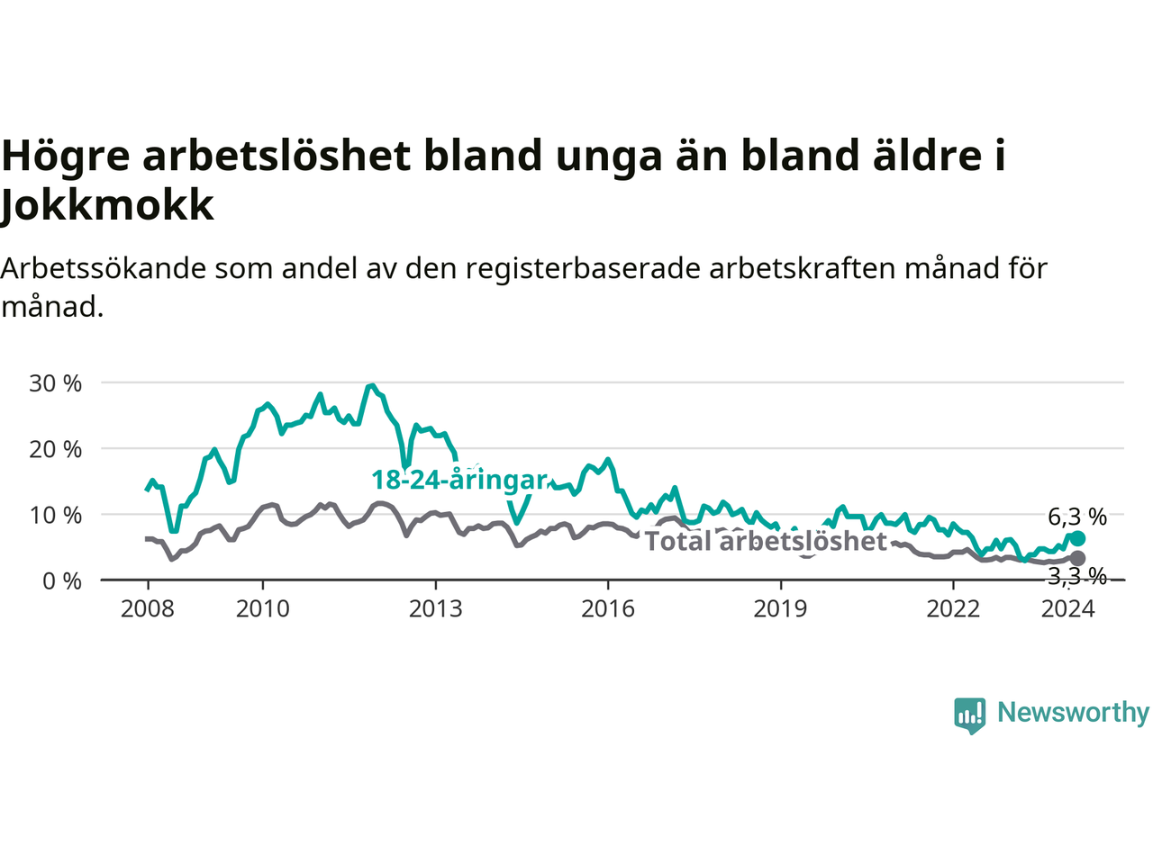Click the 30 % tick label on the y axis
55,383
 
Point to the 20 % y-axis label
55,450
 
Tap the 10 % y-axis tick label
55,515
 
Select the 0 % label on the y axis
62,581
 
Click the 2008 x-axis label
147,609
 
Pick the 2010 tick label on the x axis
263,609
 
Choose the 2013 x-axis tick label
435,609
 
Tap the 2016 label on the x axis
608,609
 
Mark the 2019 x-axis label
781,609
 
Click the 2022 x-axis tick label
953,609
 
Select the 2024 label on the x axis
1068,609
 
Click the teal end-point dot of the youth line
1077,538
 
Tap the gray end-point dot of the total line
1077,558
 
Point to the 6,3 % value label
1077,517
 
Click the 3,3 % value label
1077,577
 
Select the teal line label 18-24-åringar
459,480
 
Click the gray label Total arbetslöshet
766,541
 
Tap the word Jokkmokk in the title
107,204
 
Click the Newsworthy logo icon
969,715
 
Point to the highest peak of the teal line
372,385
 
